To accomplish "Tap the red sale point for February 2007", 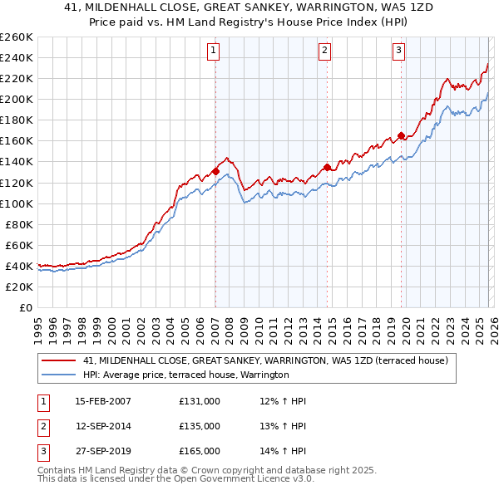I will click(x=215, y=171).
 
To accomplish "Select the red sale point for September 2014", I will click(x=327, y=167).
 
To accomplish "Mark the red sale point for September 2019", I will click(x=401, y=135).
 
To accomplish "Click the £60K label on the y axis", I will click(x=19, y=245).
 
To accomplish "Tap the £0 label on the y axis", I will click(x=25, y=307).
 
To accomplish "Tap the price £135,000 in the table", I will click(x=199, y=426).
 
